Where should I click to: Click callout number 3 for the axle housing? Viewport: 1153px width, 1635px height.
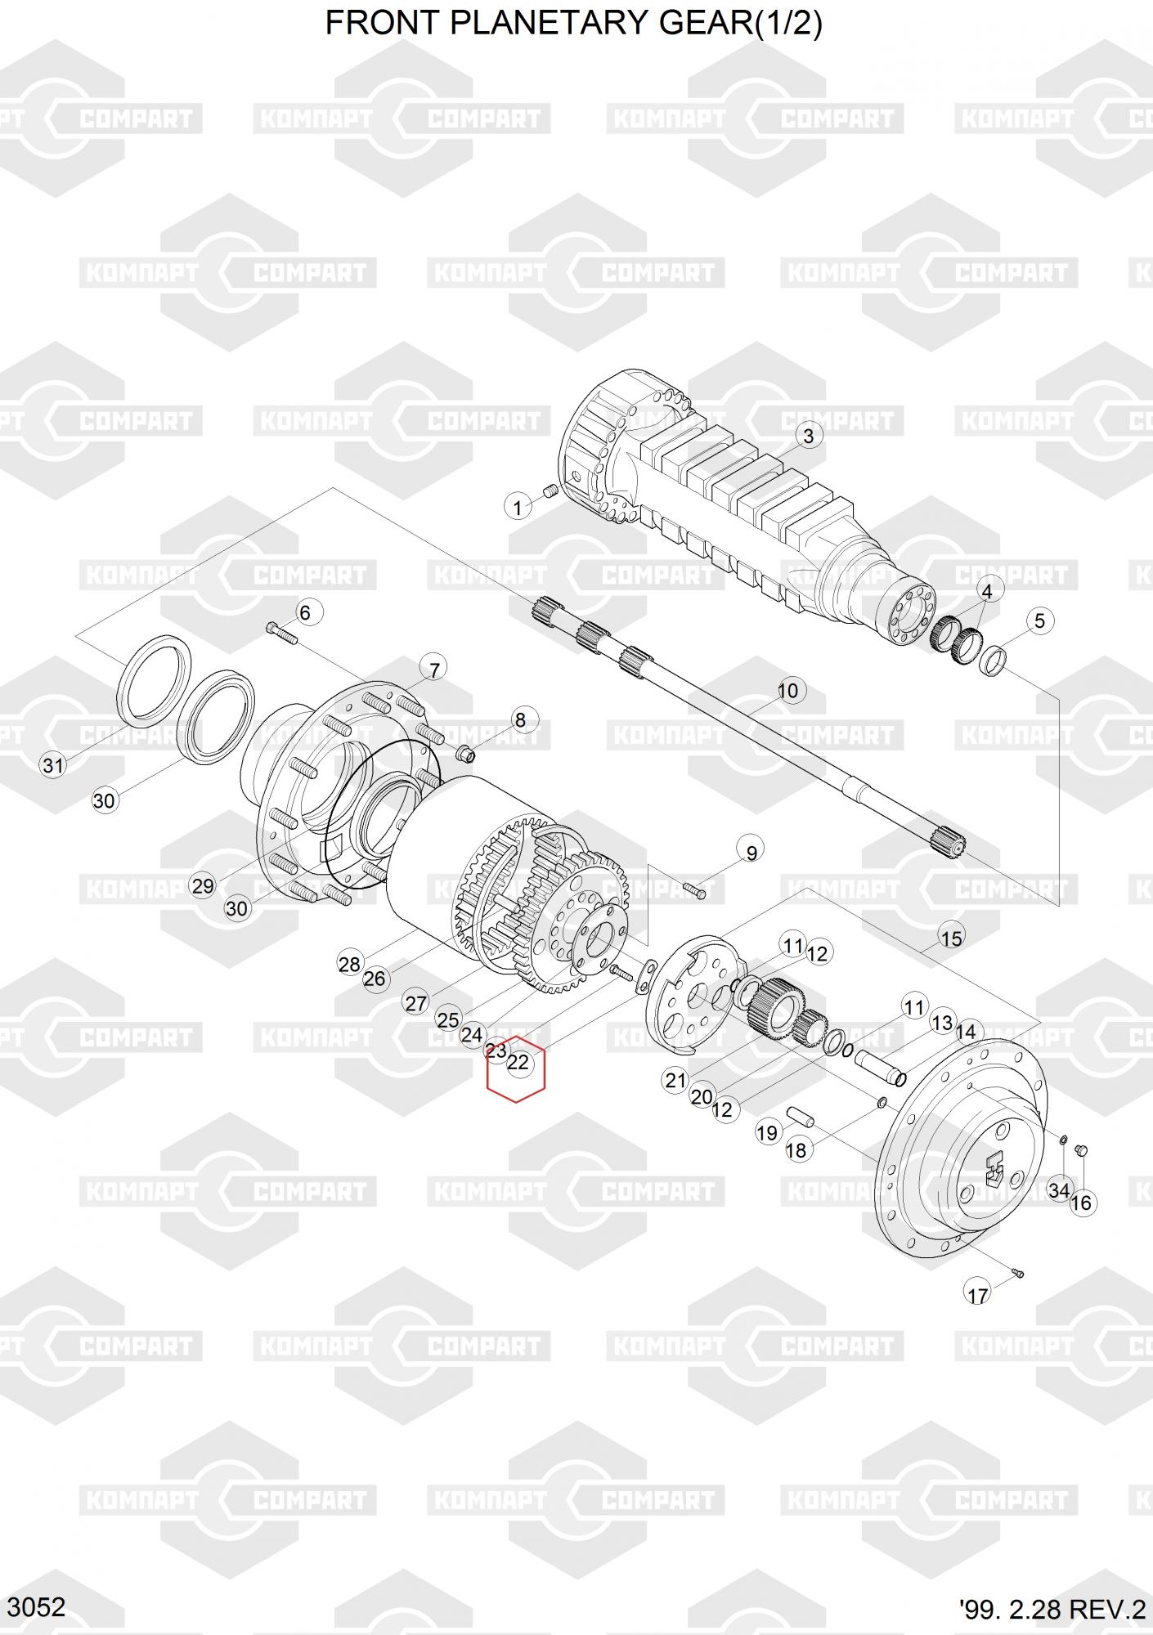[x=808, y=436]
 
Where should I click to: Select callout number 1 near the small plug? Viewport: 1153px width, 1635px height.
[x=517, y=508]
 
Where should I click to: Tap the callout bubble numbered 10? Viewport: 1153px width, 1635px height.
[x=787, y=691]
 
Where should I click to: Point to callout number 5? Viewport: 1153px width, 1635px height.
[x=1039, y=620]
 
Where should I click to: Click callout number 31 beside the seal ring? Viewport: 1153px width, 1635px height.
[x=53, y=766]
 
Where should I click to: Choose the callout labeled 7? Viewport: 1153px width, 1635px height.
[x=433, y=670]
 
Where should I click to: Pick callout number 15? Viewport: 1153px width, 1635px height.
[x=952, y=938]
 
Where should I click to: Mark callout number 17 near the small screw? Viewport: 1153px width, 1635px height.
[x=978, y=1295]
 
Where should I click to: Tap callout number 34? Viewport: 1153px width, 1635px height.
[x=1059, y=1191]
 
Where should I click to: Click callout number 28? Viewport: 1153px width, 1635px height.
[x=349, y=965]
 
